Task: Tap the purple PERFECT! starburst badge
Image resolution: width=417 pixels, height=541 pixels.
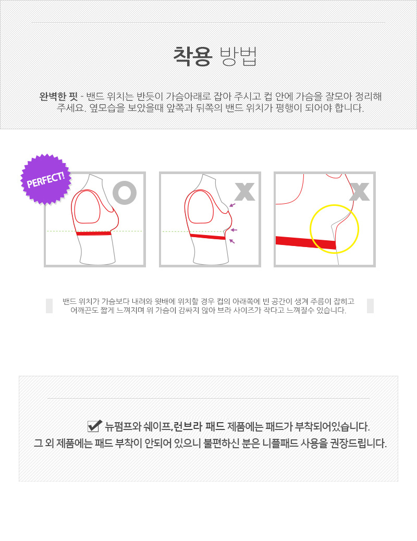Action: pos(45,179)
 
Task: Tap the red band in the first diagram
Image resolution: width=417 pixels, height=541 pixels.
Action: pos(94,233)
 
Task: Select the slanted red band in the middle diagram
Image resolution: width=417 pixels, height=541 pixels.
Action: pos(207,237)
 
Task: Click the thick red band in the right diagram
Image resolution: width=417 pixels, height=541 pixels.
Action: pos(305,242)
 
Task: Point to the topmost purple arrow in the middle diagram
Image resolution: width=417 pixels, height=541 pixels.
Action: pos(232,205)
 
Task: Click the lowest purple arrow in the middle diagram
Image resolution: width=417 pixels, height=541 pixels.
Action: pos(232,241)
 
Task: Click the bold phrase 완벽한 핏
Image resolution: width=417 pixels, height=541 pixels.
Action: pos(58,96)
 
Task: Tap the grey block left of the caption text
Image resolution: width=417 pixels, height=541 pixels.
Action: pos(49,306)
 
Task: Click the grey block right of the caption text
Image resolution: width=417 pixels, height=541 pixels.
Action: pos(370,306)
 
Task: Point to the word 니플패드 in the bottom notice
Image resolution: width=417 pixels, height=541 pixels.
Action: pos(281,444)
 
